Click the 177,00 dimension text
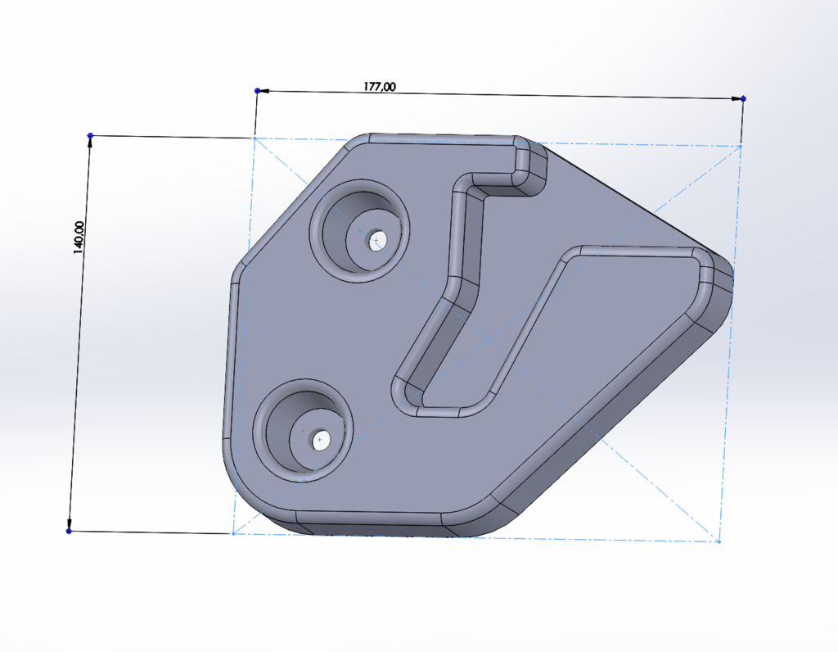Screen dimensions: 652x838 point(379,86)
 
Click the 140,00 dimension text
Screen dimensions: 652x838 point(79,238)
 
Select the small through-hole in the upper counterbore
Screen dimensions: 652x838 point(376,241)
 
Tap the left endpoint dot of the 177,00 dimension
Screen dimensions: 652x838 point(257,90)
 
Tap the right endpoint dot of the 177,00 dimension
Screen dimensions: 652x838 point(743,98)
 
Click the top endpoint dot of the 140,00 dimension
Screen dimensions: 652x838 point(90,135)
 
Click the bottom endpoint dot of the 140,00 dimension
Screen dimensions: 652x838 point(69,532)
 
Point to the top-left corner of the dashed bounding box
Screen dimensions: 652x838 point(255,138)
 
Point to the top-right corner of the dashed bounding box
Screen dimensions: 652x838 point(741,146)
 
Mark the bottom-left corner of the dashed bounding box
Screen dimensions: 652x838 point(233,534)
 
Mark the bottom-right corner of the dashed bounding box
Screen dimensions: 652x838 point(719,541)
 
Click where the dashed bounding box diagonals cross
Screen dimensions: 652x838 point(487,338)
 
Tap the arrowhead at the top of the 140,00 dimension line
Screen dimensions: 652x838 point(89,142)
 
